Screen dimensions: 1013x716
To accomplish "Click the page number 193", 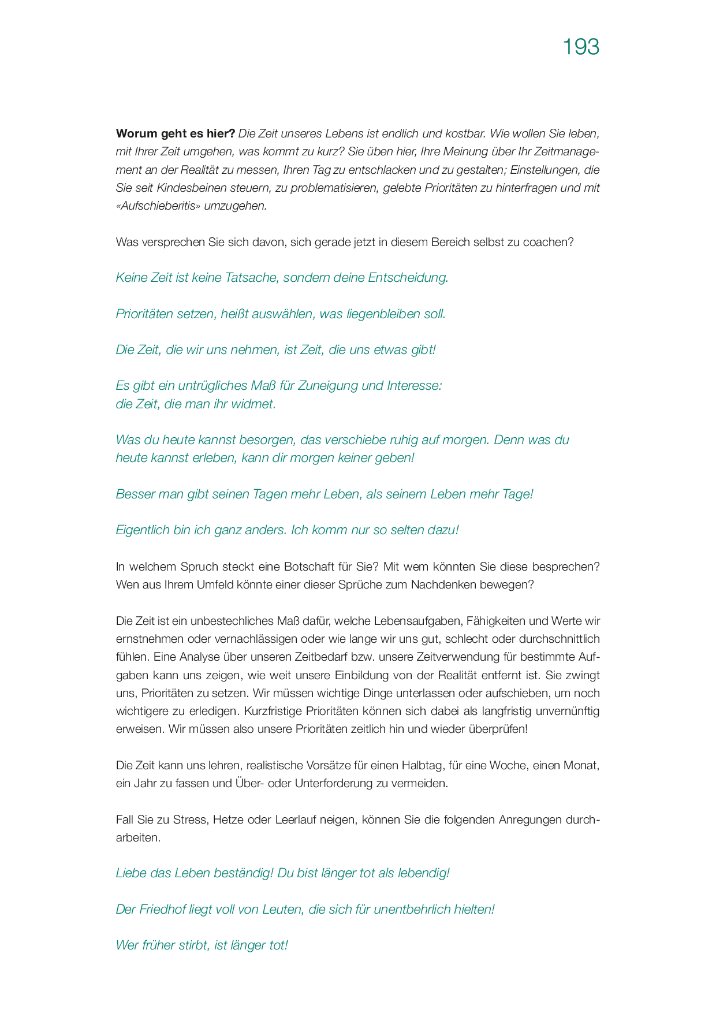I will click(x=581, y=47).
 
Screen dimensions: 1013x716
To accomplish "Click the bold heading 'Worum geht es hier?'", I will click(x=175, y=134).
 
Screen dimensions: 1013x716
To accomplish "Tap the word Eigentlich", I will click(x=143, y=530).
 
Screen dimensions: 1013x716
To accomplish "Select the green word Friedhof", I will click(x=162, y=910).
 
